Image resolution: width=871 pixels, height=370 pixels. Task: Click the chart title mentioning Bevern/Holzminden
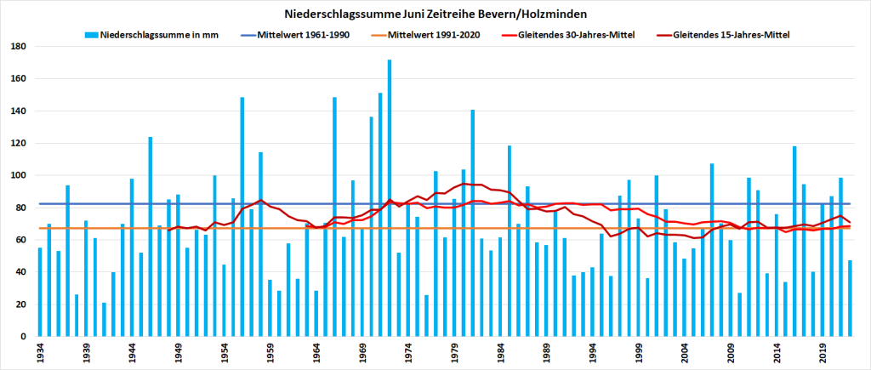click(x=435, y=14)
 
